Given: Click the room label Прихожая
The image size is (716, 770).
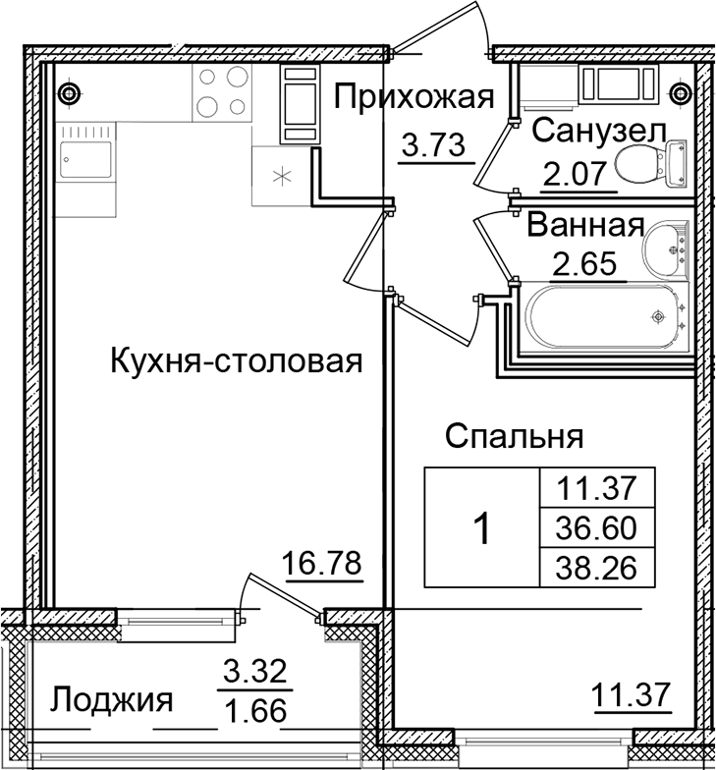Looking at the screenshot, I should click(412, 98).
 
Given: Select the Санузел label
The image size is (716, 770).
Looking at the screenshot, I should click(599, 131).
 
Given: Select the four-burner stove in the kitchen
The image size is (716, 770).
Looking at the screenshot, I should click(220, 94).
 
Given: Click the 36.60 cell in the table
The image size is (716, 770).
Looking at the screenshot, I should click(597, 527).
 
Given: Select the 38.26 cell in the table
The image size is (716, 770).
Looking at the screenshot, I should click(597, 567).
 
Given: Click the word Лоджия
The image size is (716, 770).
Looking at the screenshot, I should click(112, 701).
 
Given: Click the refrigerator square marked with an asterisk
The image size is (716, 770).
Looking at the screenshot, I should click(281, 176).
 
